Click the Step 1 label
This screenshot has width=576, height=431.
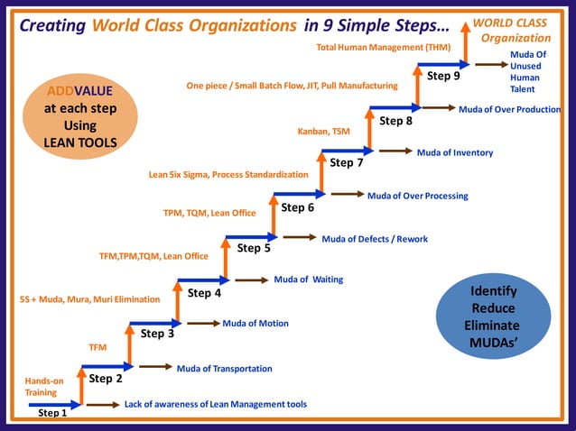coord(52,413)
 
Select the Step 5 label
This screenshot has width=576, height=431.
coord(254,248)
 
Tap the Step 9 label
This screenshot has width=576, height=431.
coord(443,76)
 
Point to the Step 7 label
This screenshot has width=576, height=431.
coord(347,163)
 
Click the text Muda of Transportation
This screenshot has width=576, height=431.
coord(224,368)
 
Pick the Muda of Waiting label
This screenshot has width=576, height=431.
coord(308,280)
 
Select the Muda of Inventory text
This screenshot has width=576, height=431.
coord(454,152)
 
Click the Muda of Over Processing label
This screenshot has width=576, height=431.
coord(417,196)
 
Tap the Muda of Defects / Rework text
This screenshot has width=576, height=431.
coord(375,239)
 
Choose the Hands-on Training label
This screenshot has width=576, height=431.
coord(44,387)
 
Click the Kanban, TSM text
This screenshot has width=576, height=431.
coord(323,132)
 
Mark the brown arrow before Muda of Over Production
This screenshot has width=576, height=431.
coord(438,108)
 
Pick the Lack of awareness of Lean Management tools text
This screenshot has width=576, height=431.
coord(215,404)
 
